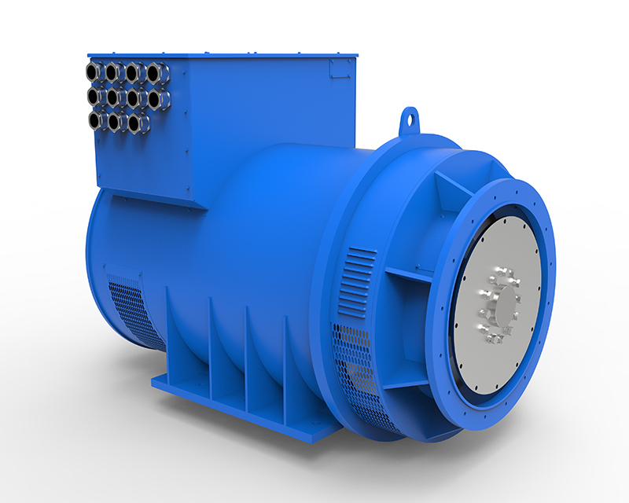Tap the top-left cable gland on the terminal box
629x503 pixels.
pyautogui.click(x=94, y=73)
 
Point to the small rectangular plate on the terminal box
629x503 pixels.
pyautogui.click(x=340, y=68)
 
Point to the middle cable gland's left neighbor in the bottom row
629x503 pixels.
pyautogui.click(x=116, y=122)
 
